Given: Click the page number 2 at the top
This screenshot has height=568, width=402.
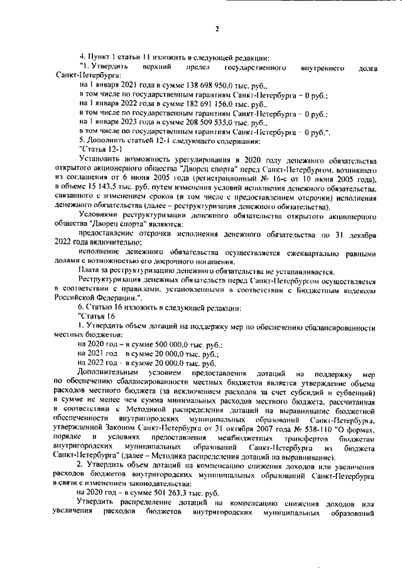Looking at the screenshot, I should [216, 28].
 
